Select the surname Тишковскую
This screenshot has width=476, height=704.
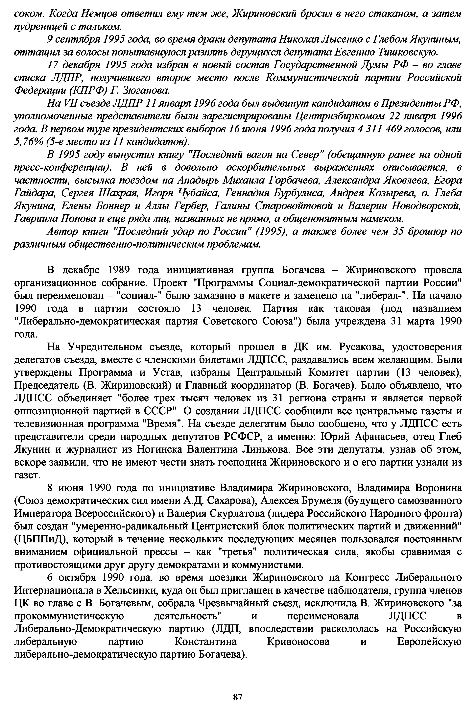[x=408, y=52]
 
